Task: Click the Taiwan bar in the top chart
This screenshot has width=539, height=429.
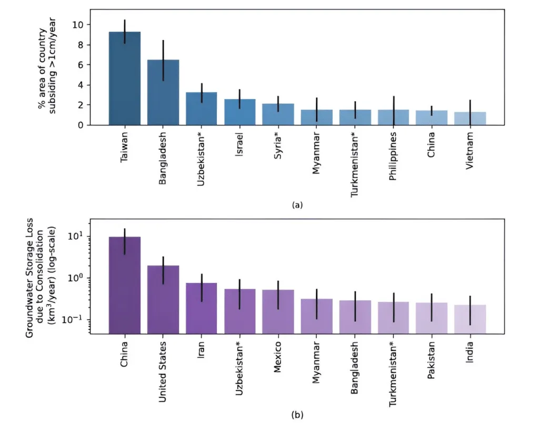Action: [124, 79]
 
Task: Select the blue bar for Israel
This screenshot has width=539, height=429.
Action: [240, 112]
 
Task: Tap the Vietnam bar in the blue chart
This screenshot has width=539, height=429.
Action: [470, 119]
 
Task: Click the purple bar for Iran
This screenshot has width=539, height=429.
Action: [202, 308]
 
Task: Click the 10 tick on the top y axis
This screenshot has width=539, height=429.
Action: [78, 25]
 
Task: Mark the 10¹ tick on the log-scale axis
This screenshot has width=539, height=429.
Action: [77, 236]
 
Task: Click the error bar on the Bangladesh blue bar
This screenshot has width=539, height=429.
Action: [163, 60]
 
